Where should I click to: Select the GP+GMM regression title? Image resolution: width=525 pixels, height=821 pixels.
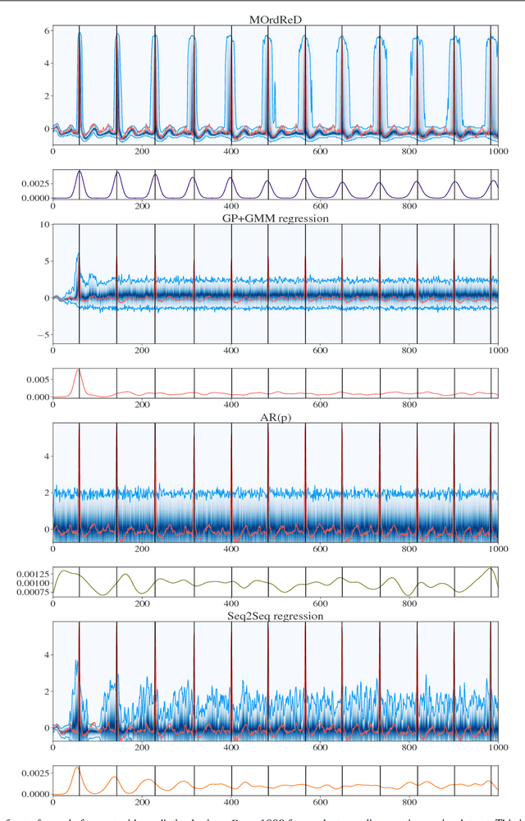point(274,218)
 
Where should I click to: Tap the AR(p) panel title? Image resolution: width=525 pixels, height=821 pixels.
point(274,416)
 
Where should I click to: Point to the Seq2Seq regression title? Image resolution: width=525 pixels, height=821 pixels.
point(274,615)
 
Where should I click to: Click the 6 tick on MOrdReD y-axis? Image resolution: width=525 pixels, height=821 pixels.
point(45,30)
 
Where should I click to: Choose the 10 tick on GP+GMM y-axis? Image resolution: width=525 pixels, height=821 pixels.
point(43,223)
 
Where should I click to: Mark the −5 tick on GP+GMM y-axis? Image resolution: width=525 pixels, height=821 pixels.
point(41,335)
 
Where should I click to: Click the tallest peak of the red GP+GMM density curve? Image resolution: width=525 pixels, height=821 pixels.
point(79,370)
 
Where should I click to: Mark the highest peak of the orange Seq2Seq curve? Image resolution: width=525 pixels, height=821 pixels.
point(79,767)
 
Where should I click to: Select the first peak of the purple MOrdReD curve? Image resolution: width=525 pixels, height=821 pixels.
point(80,171)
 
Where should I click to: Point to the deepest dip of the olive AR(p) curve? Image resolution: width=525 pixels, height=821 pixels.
point(409,595)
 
